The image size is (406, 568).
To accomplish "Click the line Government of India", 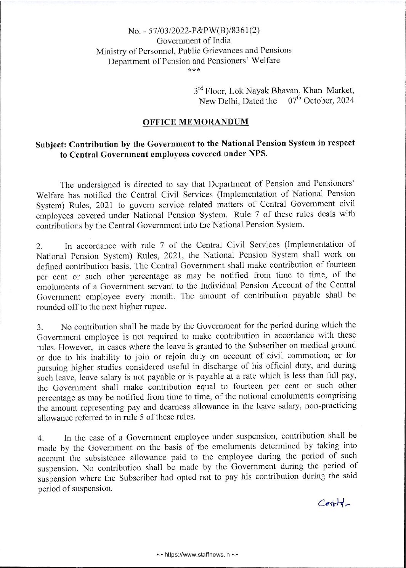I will [x=194, y=40].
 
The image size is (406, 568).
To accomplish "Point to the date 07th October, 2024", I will [x=321, y=101].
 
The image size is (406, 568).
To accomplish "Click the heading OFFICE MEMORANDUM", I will [x=195, y=122].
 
